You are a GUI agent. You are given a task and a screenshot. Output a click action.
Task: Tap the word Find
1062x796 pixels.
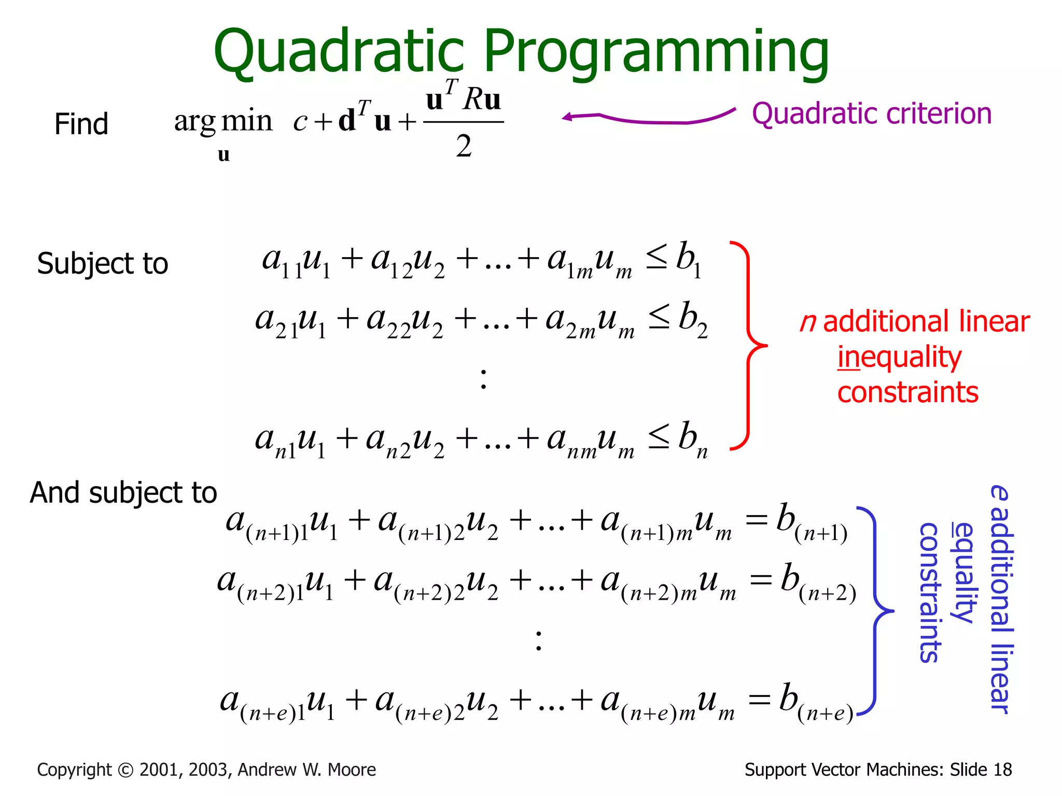pos(81,124)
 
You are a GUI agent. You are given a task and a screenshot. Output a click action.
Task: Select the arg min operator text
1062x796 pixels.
pos(223,122)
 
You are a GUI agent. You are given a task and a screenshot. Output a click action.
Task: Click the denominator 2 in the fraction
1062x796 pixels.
pos(464,146)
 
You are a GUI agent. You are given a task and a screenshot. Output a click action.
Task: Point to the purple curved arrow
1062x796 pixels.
pos(648,118)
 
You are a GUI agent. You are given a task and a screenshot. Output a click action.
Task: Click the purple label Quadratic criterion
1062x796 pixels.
pos(871,114)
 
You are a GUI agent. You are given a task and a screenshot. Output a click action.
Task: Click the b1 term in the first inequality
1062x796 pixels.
pos(689,259)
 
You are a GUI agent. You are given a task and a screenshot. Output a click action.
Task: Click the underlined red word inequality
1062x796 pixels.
pos(899,358)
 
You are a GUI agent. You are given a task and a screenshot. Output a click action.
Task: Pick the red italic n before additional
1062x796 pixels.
pos(807,322)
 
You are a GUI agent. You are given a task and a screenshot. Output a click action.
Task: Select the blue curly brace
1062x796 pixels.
pos(876,612)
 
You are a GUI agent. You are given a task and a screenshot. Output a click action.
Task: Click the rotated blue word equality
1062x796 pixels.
pos(963,573)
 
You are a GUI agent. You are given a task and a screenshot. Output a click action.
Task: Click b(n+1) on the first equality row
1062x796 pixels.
pos(812,521)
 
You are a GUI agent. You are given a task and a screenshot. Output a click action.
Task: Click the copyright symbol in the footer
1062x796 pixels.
pos(125,770)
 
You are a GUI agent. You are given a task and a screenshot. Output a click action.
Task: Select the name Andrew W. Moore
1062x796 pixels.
pos(306,770)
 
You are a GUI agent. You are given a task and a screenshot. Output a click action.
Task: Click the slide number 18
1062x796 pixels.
pos(1002,770)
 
